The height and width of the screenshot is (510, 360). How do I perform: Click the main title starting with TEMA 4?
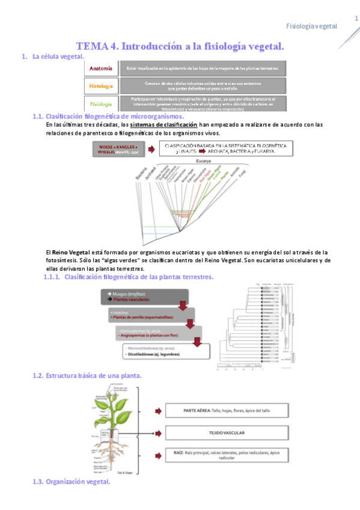pos(180,46)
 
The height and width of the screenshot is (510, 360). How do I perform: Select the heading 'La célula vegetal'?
pos(58,57)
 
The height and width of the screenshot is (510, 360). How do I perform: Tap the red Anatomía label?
pos(101,69)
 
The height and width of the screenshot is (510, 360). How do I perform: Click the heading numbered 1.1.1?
pos(130,277)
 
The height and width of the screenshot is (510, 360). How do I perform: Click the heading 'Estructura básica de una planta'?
pos(87,375)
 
